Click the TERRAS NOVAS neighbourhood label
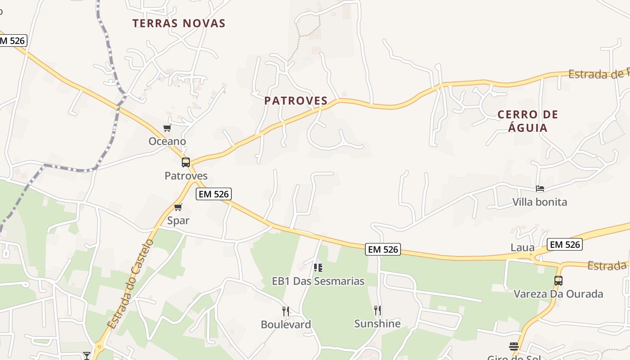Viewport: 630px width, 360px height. (179, 23)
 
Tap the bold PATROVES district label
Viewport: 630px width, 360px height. (296, 101)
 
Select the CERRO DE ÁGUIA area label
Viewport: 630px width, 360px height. (528, 121)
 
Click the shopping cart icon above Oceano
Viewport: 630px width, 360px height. (167, 128)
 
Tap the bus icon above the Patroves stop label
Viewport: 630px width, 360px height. (186, 162)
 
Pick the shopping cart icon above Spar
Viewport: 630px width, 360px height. (178, 207)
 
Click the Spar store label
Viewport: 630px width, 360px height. (178, 220)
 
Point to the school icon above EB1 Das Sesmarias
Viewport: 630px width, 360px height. (318, 268)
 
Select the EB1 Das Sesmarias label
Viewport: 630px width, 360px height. (318, 281)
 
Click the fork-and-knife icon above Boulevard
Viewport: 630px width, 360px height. (285, 311)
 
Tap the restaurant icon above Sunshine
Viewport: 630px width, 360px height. (378, 310)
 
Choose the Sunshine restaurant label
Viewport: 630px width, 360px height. (378, 324)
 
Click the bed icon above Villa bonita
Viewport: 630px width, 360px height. (540, 189)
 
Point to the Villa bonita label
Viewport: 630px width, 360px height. (540, 202)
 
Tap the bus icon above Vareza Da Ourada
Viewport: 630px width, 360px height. (558, 281)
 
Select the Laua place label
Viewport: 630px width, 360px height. (522, 247)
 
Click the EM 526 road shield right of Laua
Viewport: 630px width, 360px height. (565, 244)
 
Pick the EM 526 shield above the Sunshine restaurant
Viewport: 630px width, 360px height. (382, 249)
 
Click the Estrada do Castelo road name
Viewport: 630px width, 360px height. (131, 284)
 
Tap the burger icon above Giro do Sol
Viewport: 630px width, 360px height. (514, 346)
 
